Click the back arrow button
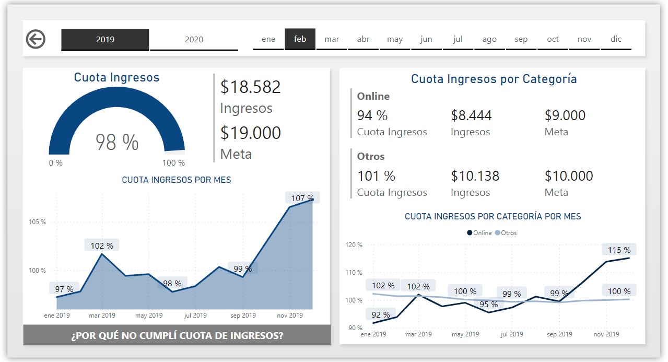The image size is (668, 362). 36,39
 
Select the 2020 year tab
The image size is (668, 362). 194,40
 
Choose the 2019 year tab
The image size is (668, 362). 105,40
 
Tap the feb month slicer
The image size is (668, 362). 300,39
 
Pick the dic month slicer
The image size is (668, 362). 616,39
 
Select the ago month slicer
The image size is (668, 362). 489,39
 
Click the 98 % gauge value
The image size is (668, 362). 117,142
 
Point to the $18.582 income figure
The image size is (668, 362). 250,87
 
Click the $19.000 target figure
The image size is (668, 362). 250,133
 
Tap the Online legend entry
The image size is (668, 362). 479,233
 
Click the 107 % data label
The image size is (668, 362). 302,198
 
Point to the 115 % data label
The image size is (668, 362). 619,250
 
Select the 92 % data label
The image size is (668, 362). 380,314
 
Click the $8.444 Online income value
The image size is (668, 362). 471,115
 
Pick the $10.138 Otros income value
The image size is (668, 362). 475,176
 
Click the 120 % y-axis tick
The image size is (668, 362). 354,244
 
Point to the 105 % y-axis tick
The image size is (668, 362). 37,222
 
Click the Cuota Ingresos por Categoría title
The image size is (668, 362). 494,79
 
